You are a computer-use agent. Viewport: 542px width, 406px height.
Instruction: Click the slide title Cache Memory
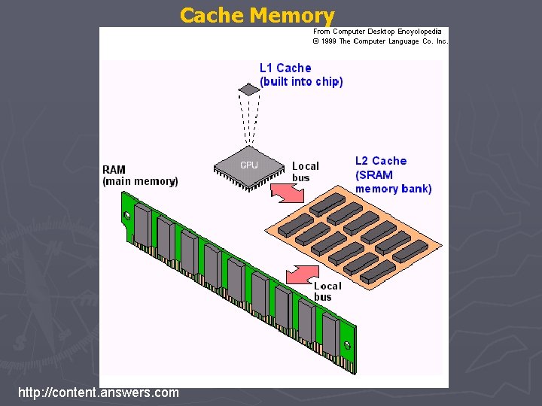[x=257, y=15]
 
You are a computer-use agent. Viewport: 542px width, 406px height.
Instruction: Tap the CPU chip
[x=248, y=165]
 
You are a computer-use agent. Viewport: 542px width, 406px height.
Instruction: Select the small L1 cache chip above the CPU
[x=249, y=89]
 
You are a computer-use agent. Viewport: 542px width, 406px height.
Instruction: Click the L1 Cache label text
[x=285, y=68]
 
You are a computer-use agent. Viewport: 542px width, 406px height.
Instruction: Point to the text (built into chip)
[x=301, y=82]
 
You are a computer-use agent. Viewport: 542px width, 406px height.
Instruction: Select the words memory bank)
[x=393, y=189]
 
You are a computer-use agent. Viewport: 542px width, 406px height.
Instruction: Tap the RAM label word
[x=114, y=170]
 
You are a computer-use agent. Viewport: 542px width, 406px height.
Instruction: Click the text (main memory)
[x=140, y=181]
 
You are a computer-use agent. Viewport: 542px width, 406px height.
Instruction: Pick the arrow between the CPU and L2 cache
[x=287, y=192]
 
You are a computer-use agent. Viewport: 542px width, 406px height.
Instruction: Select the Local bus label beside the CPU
[x=305, y=171]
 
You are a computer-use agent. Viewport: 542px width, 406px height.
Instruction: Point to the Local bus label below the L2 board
[x=327, y=291]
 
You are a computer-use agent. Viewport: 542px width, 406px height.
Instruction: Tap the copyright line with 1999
[x=380, y=41]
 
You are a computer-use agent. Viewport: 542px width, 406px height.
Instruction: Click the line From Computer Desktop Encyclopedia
[x=377, y=32]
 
